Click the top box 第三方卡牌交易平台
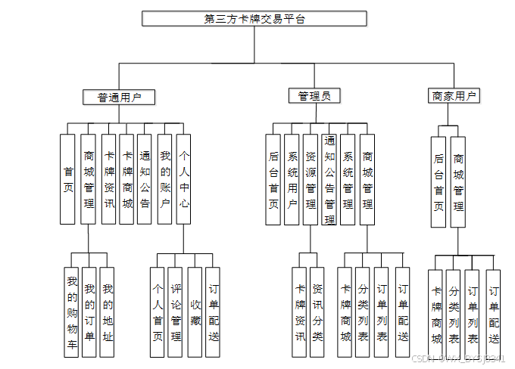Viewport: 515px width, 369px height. (254, 19)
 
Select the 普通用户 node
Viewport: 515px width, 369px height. (118, 97)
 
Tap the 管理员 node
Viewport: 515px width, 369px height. (314, 96)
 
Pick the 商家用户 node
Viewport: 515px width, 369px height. (454, 96)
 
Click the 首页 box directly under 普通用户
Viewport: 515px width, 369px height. (69, 178)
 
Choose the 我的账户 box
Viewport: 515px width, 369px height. (165, 178)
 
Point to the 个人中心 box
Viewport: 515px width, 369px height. (184, 178)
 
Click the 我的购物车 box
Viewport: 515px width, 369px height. (72, 312)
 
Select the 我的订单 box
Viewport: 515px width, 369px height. (90, 312)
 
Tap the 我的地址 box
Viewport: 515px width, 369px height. (108, 312)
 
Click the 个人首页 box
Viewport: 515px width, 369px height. (158, 312)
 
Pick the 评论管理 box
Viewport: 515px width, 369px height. (176, 312)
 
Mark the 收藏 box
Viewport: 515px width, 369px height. (195, 312)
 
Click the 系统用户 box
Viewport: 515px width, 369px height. (292, 179)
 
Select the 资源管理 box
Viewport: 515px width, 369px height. (311, 179)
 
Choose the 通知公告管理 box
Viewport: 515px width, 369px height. (329, 179)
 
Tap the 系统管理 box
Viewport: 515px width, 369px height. (348, 179)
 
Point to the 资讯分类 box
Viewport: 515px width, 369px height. (317, 312)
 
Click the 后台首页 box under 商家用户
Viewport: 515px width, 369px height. (439, 181)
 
